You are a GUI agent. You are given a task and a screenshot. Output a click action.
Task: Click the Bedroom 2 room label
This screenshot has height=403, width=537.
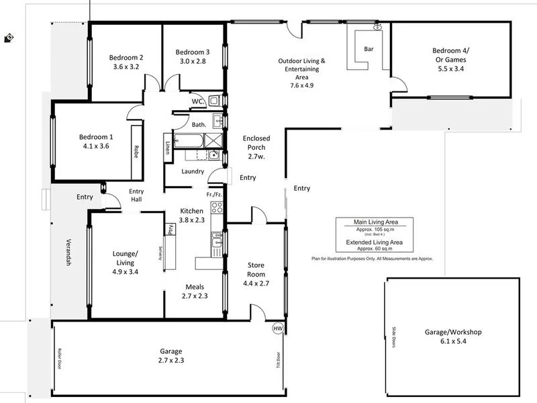(126, 57)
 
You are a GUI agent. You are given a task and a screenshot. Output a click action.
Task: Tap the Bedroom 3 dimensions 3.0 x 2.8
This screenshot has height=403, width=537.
(192, 61)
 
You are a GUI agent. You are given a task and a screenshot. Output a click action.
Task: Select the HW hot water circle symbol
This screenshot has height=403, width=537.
(278, 328)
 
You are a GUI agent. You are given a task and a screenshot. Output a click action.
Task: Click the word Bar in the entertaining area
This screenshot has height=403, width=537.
(368, 49)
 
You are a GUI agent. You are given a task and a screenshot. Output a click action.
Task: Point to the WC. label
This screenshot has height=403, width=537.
(198, 101)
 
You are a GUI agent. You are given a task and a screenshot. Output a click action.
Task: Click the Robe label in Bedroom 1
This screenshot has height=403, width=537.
(136, 151)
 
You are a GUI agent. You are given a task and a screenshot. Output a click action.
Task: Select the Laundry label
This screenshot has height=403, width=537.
(193, 171)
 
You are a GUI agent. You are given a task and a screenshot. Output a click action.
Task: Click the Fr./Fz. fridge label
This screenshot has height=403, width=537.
(214, 194)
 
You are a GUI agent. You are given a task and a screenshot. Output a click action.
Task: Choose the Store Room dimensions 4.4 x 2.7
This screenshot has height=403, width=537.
(256, 283)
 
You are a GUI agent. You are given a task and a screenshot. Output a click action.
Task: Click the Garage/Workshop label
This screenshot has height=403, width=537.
(453, 332)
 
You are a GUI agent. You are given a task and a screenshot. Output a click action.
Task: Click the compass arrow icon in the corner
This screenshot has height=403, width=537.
(8, 38)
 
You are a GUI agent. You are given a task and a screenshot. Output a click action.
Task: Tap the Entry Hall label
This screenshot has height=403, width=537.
(137, 195)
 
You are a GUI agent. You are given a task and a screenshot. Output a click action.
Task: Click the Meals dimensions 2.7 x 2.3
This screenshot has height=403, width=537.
(194, 295)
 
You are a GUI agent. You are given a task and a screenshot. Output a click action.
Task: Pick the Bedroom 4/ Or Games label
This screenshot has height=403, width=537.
(451, 54)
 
